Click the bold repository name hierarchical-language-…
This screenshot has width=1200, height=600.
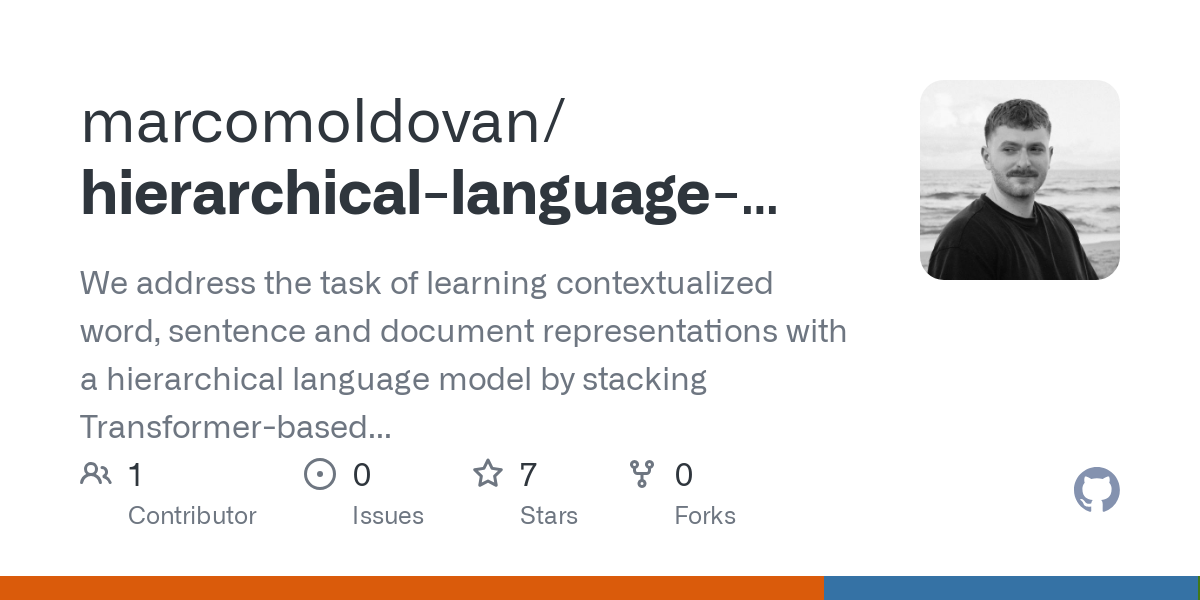tap(428, 193)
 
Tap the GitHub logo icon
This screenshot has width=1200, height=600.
tap(1096, 491)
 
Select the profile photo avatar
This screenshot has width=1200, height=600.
tap(1019, 180)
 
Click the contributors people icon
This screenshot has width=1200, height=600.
tap(96, 474)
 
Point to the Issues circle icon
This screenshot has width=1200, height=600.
tap(319, 474)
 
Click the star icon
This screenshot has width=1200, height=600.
tap(487, 474)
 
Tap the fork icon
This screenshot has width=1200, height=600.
tap(642, 474)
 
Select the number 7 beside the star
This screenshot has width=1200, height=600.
tap(528, 475)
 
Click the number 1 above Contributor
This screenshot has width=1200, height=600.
tap(136, 475)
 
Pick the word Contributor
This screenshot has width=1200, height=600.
tap(192, 516)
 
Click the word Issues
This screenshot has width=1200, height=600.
tap(387, 516)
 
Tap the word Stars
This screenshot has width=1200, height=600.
tap(548, 516)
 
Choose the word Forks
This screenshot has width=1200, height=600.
tap(705, 516)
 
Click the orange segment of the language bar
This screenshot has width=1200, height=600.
tap(411, 588)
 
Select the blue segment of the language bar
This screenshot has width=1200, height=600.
tap(1010, 588)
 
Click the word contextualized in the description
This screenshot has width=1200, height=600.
tap(664, 283)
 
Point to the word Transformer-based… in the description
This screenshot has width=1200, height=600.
tap(235, 427)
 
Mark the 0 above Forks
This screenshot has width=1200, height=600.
tap(684, 475)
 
